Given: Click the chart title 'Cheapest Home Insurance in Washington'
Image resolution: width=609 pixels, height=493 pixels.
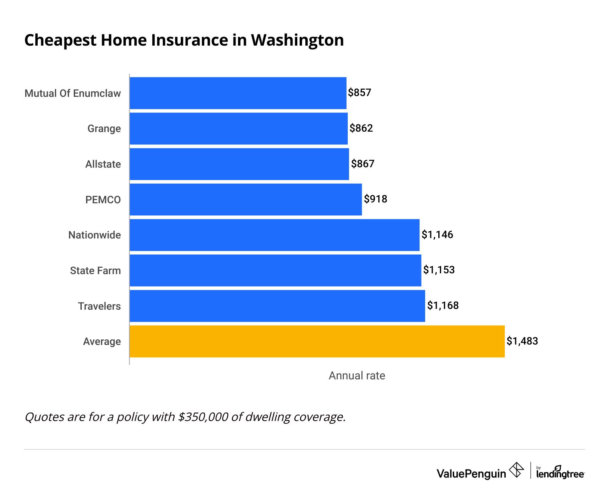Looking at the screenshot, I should pyautogui.click(x=184, y=40).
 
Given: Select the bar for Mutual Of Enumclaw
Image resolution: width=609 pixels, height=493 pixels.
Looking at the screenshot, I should pyautogui.click(x=238, y=93).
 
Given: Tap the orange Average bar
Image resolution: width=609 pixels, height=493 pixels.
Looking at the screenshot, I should pyautogui.click(x=317, y=341).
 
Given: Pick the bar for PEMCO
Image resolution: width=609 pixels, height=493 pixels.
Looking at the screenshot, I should pyautogui.click(x=246, y=199).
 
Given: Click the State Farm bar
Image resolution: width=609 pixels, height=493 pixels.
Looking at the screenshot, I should pyautogui.click(x=275, y=271).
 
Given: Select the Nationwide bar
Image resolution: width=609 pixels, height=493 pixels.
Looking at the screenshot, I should pyautogui.click(x=274, y=235).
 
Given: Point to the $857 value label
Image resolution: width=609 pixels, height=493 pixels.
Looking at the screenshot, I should pyautogui.click(x=359, y=93).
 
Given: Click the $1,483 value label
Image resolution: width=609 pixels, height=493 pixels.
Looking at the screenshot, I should pyautogui.click(x=522, y=341).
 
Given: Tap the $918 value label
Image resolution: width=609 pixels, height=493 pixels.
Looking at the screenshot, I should pyautogui.click(x=375, y=199).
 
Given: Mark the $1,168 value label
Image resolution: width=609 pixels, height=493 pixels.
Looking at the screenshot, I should pyautogui.click(x=443, y=306).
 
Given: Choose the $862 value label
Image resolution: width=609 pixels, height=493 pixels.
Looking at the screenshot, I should pyautogui.click(x=361, y=128).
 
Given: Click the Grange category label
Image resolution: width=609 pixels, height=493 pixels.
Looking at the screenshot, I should pyautogui.click(x=104, y=129).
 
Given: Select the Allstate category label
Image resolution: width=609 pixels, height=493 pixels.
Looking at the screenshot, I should pyautogui.click(x=103, y=164).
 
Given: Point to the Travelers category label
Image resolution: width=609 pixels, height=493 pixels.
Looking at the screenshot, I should pyautogui.click(x=99, y=307).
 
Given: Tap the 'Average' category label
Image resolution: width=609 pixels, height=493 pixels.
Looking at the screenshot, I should pyautogui.click(x=102, y=342).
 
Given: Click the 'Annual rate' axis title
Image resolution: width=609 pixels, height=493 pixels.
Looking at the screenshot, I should pyautogui.click(x=357, y=376).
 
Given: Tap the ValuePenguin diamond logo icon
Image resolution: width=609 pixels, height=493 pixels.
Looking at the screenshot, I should pyautogui.click(x=516, y=470).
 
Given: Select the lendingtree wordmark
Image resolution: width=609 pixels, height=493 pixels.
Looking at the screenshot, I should pyautogui.click(x=560, y=473).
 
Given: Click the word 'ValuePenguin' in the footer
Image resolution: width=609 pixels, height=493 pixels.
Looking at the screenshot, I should pyautogui.click(x=471, y=474).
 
